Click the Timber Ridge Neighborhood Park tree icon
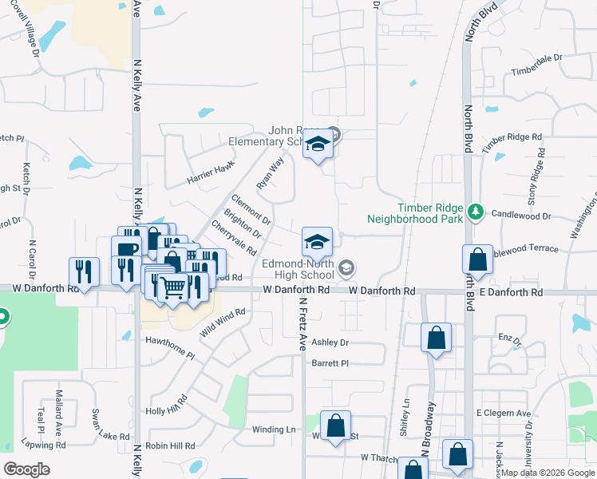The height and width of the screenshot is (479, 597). point(476,211)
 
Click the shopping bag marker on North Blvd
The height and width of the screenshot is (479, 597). point(477,262)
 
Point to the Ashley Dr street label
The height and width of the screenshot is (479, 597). point(330,342)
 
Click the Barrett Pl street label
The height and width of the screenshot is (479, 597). point(330,362)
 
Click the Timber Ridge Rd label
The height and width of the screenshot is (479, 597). point(512,138)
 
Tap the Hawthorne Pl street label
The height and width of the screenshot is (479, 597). point(170,346)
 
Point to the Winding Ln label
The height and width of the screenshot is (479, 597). point(274,430)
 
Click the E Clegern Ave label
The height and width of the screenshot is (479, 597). point(503,413)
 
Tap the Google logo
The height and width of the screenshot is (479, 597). point(27,469)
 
